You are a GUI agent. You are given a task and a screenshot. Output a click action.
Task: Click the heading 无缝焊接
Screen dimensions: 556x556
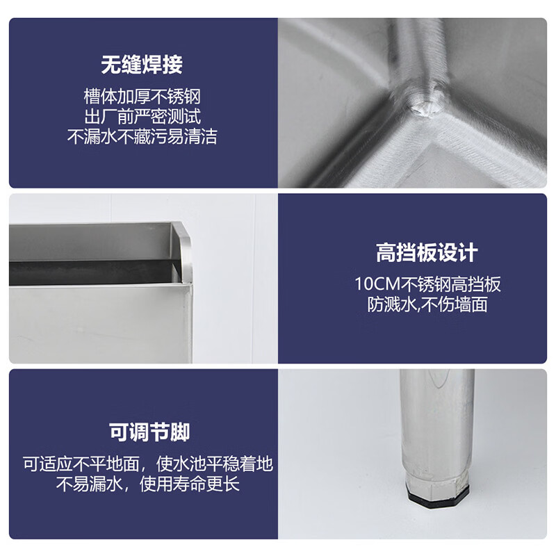pyautogui.click(x=142, y=65)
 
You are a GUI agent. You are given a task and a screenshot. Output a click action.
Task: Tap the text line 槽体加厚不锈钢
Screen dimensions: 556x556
pyautogui.click(x=142, y=97)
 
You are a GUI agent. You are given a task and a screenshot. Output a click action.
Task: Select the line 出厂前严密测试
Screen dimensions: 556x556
pyautogui.click(x=142, y=116)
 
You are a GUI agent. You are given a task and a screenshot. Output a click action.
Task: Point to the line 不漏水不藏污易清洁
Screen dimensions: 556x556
pyautogui.click(x=142, y=136)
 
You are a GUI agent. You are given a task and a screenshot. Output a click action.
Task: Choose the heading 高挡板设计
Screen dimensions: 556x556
pyautogui.click(x=427, y=253)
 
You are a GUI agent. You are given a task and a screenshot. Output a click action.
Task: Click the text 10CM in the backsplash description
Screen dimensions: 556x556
pyautogui.click(x=377, y=284)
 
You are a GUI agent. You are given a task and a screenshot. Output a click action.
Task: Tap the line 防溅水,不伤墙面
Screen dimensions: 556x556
pyautogui.click(x=427, y=304)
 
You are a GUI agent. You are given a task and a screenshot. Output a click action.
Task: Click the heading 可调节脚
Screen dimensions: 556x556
pyautogui.click(x=149, y=432)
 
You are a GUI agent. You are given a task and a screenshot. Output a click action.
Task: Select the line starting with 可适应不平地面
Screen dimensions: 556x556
pyautogui.click(x=148, y=464)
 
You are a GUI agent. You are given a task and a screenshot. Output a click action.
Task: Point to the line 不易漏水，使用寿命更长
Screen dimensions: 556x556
pyautogui.click(x=148, y=483)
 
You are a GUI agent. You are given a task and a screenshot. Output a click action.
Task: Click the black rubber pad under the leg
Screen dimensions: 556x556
pyautogui.click(x=438, y=500)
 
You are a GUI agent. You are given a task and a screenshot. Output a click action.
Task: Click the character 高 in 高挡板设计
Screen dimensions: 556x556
pyautogui.click(x=386, y=253)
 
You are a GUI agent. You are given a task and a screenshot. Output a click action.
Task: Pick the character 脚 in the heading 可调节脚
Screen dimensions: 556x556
pyautogui.click(x=180, y=432)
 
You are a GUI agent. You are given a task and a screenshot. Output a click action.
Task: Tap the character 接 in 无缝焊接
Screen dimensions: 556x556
pyautogui.click(x=172, y=65)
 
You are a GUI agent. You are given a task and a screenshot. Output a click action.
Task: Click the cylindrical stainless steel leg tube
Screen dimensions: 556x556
pyautogui.click(x=438, y=422)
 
